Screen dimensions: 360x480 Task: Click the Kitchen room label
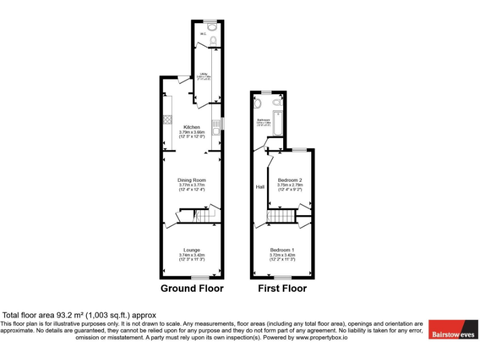click(x=191, y=127)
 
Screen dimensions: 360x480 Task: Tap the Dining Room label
click(x=191, y=180)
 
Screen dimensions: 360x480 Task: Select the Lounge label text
click(x=191, y=250)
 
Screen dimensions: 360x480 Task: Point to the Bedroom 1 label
click(x=282, y=250)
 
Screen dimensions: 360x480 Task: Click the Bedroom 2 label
click(x=290, y=180)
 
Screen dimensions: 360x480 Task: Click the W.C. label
click(x=203, y=34)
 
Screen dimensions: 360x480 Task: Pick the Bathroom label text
click(x=262, y=119)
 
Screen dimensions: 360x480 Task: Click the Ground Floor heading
click(x=192, y=289)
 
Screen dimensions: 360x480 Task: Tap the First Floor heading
click(x=282, y=289)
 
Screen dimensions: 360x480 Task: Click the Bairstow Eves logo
click(x=452, y=334)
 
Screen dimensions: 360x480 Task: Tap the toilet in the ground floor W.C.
click(x=213, y=41)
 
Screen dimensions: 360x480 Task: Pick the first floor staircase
click(x=281, y=216)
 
